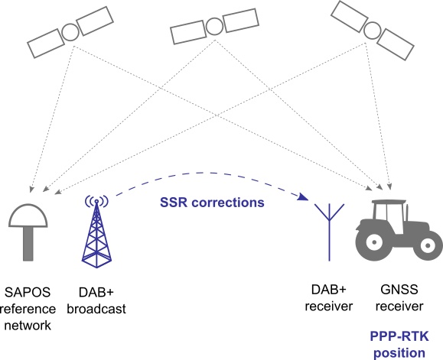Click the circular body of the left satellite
click(70, 32)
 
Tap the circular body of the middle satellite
click(215, 27)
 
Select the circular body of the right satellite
click(372, 31)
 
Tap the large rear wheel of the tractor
click(374, 242)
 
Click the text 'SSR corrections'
click(212, 203)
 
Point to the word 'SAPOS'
click(28, 292)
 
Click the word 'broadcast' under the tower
click(96, 309)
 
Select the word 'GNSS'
click(399, 290)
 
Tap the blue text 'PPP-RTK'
click(399, 336)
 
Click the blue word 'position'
click(399, 353)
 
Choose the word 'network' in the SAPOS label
click(28, 326)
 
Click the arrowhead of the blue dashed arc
click(303, 196)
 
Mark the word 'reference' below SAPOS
click(28, 309)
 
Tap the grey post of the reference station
click(28, 244)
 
